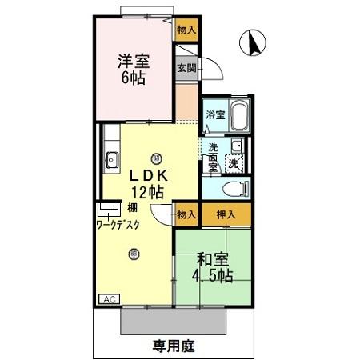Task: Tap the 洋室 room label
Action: [x=134, y=60]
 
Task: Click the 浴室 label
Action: [x=214, y=115]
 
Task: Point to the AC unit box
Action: [x=108, y=299]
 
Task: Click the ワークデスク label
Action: [x=118, y=225]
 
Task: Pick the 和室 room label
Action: [x=212, y=259]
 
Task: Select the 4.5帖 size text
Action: [x=212, y=277]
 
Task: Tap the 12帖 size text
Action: [x=148, y=192]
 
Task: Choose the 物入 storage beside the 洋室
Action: [x=186, y=30]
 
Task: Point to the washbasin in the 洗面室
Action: [x=236, y=146]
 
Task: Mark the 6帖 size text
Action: [x=134, y=79]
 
